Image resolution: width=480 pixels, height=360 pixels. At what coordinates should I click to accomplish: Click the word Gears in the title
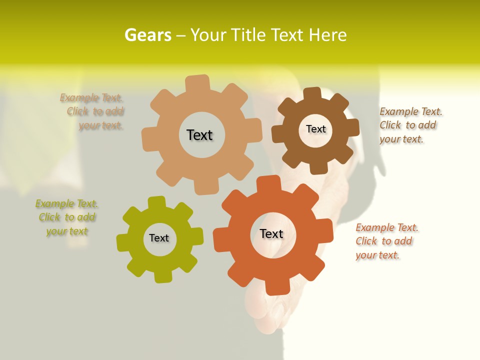[147, 35]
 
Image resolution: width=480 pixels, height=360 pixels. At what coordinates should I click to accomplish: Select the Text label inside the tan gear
[199, 135]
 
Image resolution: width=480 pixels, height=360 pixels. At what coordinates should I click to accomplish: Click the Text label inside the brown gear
[315, 129]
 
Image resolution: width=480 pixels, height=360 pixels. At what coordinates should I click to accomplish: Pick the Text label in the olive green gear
[159, 238]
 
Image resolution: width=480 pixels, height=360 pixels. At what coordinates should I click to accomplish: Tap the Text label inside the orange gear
[271, 233]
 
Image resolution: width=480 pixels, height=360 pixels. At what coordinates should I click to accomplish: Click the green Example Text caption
[66, 217]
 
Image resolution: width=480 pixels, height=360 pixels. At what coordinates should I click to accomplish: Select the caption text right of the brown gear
[410, 125]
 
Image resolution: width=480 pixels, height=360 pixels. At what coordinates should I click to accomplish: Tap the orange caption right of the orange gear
[386, 241]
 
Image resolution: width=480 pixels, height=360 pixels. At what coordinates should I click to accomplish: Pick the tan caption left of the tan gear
[92, 111]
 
